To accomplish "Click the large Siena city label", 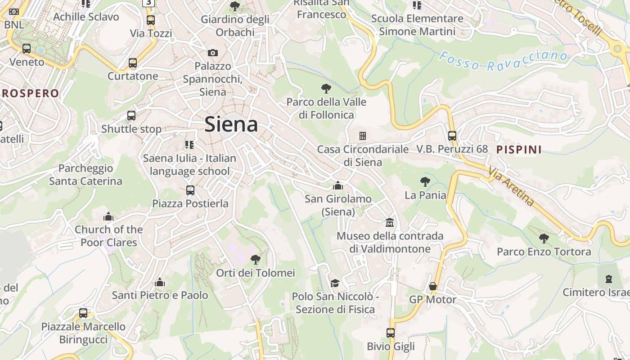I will (231, 124).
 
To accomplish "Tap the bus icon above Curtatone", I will (132, 63).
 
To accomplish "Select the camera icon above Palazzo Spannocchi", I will (213, 53).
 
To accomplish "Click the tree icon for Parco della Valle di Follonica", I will (326, 88).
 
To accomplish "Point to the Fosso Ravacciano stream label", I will (503, 61).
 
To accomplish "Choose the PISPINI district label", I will (519, 149).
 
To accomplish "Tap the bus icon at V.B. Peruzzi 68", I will (452, 135).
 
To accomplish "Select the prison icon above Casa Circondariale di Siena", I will (362, 135).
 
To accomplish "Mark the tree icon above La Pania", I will (425, 182).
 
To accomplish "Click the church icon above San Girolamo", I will (338, 185).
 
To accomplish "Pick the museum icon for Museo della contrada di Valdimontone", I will (390, 222).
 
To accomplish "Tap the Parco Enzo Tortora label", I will (544, 252).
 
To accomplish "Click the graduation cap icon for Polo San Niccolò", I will (335, 283).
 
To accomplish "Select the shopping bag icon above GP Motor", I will (432, 286).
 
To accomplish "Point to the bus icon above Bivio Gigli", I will (391, 333).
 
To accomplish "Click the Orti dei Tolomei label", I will (256, 273).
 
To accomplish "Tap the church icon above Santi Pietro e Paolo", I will (160, 283).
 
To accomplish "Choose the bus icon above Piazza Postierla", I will (190, 190).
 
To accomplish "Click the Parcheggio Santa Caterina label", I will (85, 175).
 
